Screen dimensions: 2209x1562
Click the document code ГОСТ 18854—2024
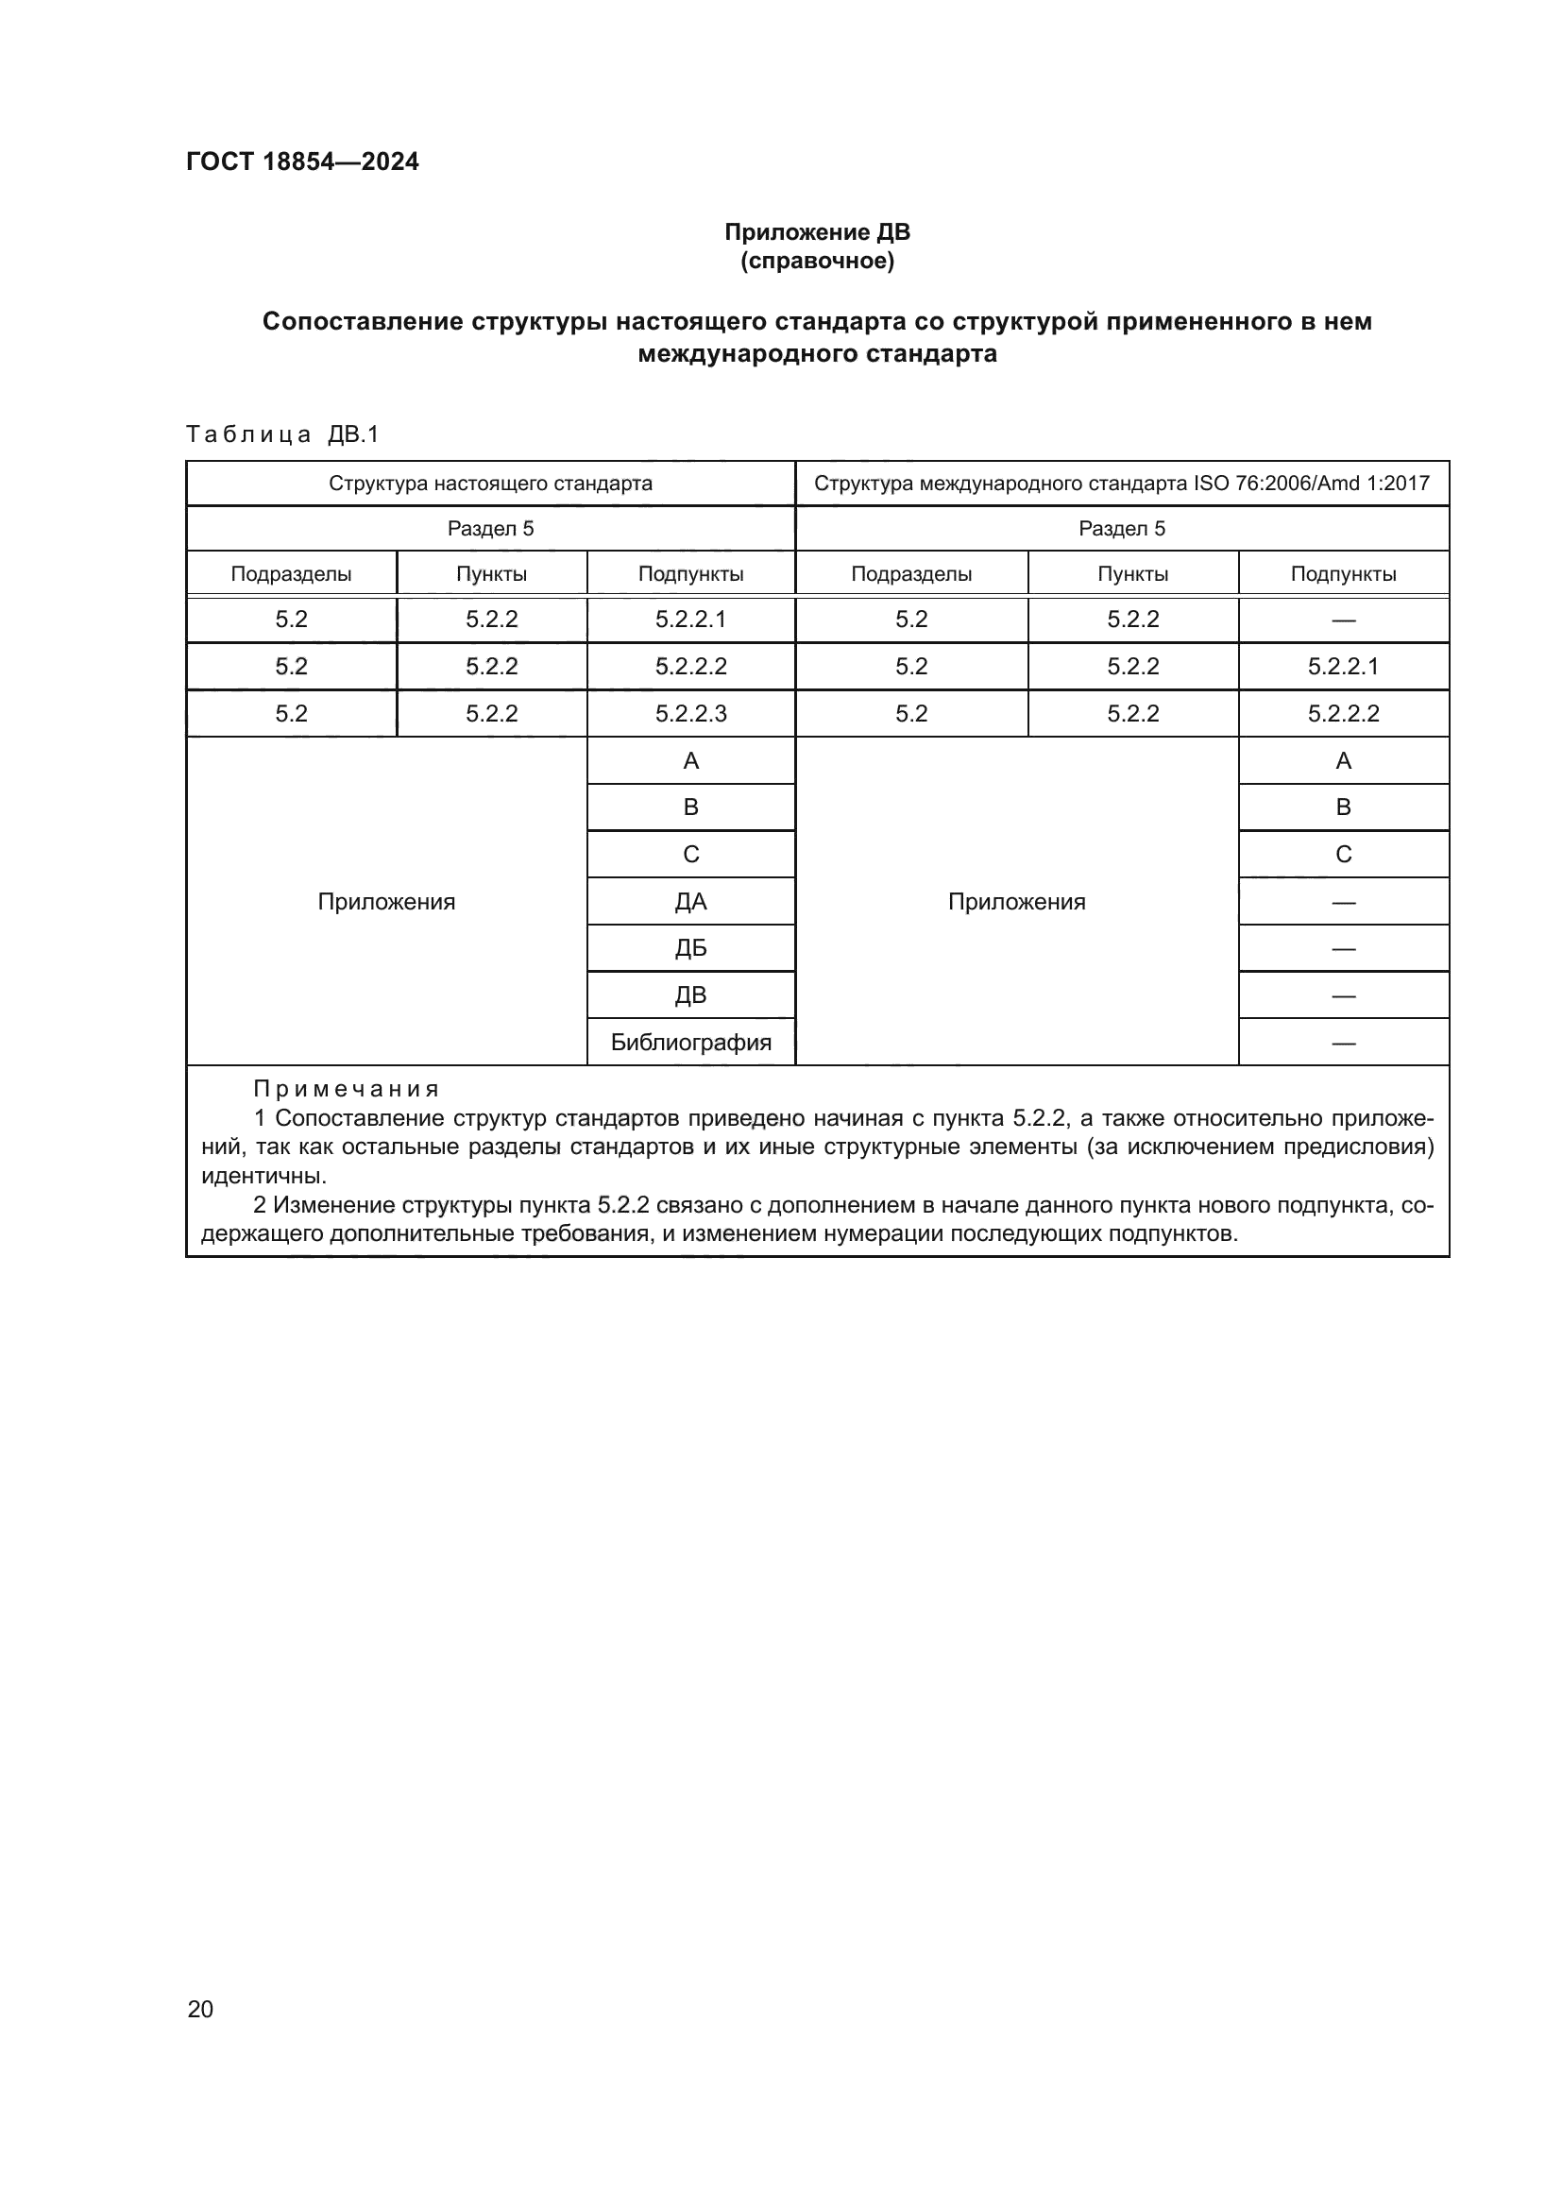(302, 161)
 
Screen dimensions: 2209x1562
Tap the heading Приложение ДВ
(817, 232)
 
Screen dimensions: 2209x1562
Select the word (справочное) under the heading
(817, 262)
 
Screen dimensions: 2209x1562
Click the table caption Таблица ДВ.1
(282, 434)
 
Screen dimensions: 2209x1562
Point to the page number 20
(200, 2009)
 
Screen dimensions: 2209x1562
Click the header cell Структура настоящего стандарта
(490, 483)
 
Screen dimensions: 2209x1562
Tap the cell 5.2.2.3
(690, 714)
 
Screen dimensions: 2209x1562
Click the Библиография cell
(690, 1042)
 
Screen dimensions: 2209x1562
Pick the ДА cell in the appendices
(690, 902)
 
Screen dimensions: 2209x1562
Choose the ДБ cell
(690, 948)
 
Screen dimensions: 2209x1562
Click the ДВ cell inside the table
(690, 994)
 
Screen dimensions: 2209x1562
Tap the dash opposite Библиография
(1343, 1043)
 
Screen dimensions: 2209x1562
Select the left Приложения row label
(385, 902)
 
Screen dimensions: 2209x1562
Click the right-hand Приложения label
(1017, 902)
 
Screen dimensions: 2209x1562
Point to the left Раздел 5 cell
(490, 528)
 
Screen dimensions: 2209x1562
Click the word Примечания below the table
(347, 1089)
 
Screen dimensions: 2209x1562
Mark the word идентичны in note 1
(263, 1176)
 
